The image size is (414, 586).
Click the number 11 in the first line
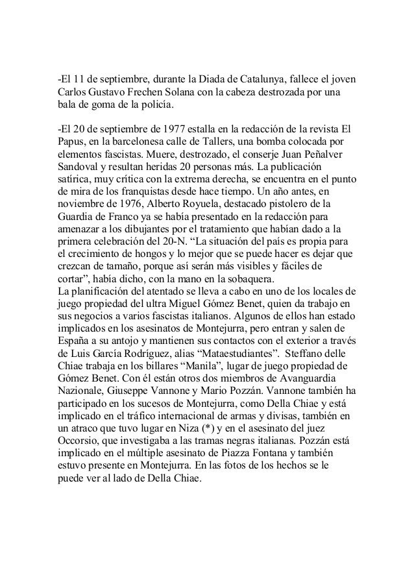(81, 80)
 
